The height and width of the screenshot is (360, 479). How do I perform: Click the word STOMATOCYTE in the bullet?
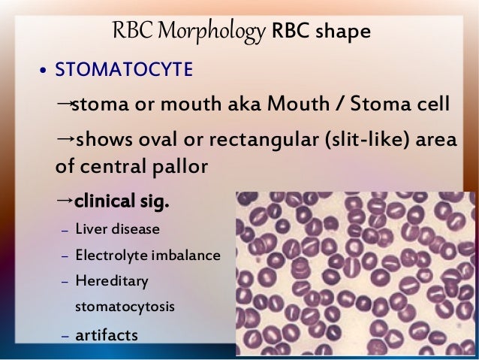pyautogui.click(x=125, y=71)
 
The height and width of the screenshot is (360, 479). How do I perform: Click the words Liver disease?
pyautogui.click(x=116, y=228)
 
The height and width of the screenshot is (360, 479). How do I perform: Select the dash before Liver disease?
pyautogui.click(x=65, y=230)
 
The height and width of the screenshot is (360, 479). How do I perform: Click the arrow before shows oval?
pyautogui.click(x=65, y=139)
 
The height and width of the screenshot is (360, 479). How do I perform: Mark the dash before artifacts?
pyautogui.click(x=65, y=335)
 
